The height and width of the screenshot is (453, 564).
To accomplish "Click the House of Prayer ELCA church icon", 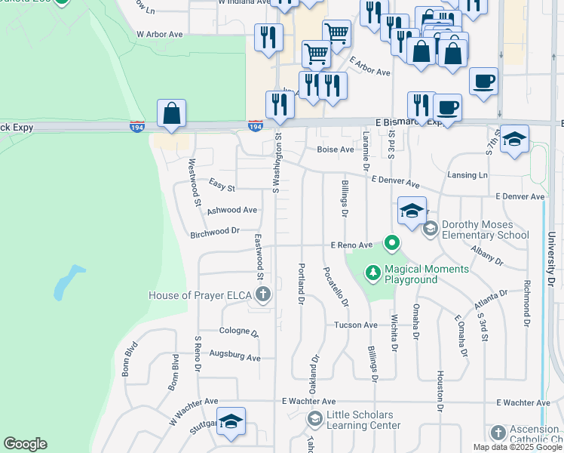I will coord(262,295).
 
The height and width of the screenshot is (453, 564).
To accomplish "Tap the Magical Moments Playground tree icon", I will coord(372,271).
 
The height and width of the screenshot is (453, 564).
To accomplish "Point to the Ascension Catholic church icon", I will coord(498,433).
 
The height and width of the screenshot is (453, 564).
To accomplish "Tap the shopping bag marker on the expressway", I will coord(172,114).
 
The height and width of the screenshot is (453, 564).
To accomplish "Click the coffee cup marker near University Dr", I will coord(483,81).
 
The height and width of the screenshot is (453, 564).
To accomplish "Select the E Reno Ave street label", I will coord(352,245).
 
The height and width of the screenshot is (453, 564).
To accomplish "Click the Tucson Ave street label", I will coord(356,325).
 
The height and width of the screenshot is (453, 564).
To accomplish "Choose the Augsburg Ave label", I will coord(234,356).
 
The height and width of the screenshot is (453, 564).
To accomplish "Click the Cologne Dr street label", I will coord(238,331).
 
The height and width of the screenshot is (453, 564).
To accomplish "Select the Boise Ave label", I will coord(336,149).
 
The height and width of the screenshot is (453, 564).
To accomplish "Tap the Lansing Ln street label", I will coord(467,174).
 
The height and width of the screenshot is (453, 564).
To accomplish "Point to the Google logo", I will coord(25,444).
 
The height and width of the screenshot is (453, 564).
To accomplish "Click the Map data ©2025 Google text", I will coord(516,447).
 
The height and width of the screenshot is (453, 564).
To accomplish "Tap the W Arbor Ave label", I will coord(160,35).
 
